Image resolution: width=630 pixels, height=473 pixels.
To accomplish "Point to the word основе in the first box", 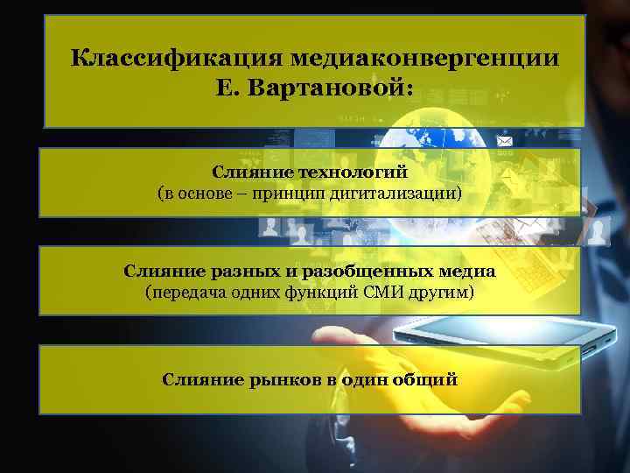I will click(206, 192).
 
